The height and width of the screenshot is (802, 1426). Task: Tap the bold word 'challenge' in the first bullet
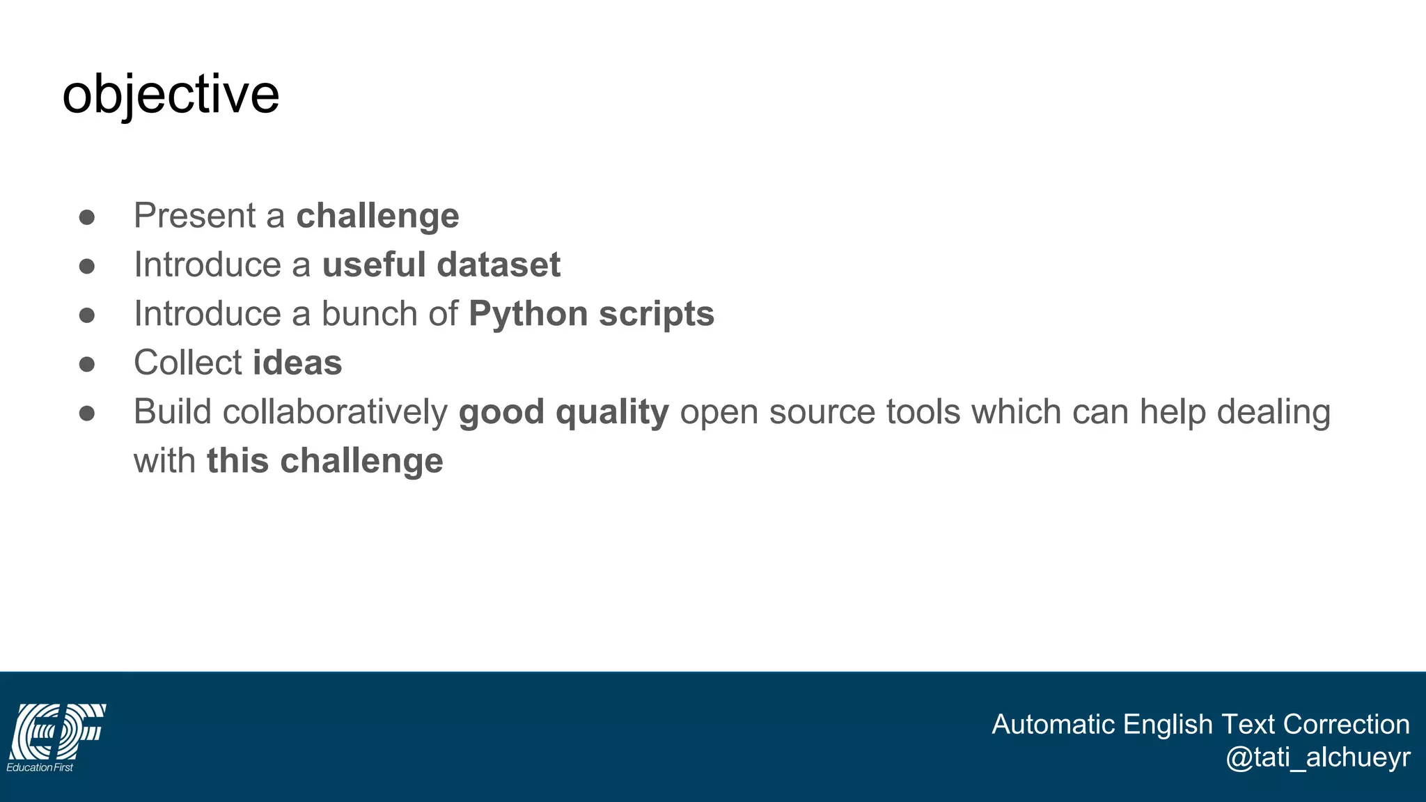377,216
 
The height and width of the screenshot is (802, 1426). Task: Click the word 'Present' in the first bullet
195,215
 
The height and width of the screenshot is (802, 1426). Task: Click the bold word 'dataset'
499,265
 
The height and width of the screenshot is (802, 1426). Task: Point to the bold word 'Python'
528,314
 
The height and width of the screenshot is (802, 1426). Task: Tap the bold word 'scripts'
656,314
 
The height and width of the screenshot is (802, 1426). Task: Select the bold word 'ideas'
297,363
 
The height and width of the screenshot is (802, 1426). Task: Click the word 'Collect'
188,363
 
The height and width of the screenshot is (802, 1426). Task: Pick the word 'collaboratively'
335,412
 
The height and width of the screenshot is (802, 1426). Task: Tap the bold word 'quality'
612,412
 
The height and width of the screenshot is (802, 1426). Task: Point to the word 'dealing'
1274,412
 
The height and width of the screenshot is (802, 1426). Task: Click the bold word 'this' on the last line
237,461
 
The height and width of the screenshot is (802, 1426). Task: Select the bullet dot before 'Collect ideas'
87,364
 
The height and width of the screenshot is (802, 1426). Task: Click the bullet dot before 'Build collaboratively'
87,414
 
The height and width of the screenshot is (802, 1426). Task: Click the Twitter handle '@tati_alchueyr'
1317,757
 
